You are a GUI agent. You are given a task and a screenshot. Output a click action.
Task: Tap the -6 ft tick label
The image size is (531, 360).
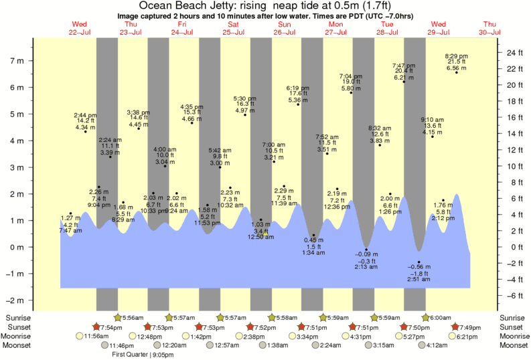[511, 296]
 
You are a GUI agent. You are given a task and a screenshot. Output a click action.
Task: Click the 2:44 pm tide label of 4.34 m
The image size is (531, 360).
[86, 121]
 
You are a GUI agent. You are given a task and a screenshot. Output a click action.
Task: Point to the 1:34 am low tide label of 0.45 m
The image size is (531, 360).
[313, 246]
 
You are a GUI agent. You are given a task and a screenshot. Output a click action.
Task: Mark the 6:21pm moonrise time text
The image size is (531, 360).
[471, 336]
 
